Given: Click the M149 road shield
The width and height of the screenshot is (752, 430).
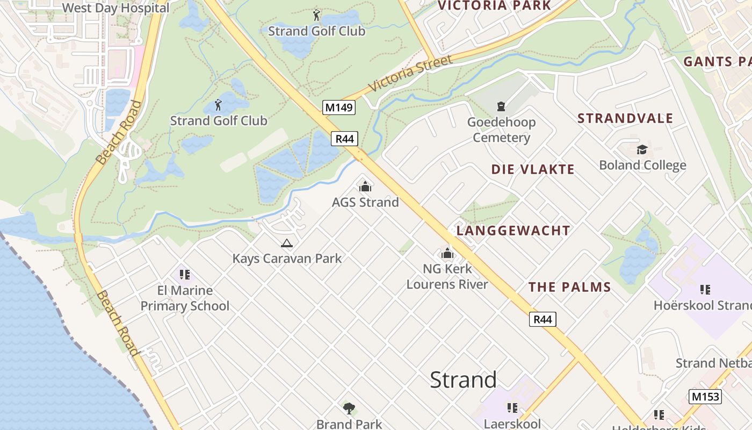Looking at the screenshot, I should [x=339, y=107].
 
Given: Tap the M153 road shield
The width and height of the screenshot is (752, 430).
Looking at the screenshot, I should [x=705, y=397].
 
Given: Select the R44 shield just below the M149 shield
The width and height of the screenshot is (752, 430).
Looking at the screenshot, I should [x=344, y=139].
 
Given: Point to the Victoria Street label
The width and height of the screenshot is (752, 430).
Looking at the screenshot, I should [x=410, y=73].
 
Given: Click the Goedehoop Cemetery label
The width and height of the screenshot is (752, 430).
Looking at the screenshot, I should [x=501, y=130].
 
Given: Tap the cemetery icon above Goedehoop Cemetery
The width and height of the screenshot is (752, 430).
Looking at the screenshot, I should [x=501, y=106].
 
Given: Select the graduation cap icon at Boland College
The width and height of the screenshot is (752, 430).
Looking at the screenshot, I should [x=642, y=149].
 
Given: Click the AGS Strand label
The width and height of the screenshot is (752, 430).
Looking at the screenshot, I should [x=365, y=202].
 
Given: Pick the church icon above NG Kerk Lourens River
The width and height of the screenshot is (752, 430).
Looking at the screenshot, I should [x=447, y=253].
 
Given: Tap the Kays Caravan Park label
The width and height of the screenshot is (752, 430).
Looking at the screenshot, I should [x=287, y=259].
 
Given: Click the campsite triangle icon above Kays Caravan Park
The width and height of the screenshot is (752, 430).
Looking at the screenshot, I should [x=287, y=243].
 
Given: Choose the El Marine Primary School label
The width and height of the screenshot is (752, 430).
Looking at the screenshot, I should [x=185, y=298].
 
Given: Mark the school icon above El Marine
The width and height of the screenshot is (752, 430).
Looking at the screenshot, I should [x=185, y=275].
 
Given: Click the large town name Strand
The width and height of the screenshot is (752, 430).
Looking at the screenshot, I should [x=463, y=380].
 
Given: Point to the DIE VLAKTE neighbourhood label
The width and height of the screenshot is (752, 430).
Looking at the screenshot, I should [x=533, y=169].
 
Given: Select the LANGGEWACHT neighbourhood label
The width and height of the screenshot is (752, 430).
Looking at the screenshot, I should [x=513, y=231].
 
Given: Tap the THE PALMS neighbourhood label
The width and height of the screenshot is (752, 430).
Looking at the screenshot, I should [x=570, y=287].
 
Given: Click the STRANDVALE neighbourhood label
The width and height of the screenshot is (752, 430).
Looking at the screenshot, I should [x=625, y=118].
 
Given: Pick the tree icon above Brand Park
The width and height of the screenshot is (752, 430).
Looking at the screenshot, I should [x=349, y=408].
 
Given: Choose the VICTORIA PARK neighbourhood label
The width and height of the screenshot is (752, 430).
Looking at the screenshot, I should [x=494, y=6].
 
